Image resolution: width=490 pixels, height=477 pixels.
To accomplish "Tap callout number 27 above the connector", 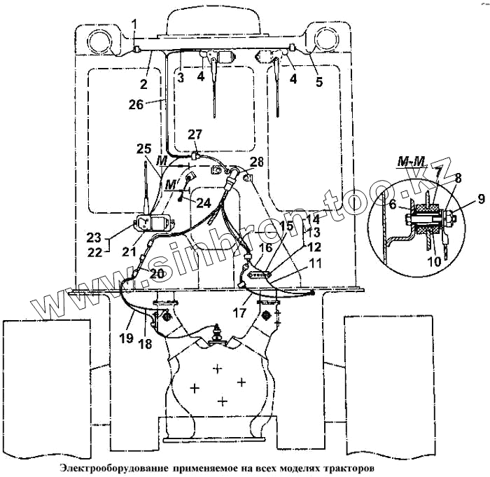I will click(x=194, y=134).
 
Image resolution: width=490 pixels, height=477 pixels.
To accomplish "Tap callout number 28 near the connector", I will click(x=257, y=162).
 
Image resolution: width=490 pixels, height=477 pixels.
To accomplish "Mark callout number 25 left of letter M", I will click(x=143, y=149).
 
